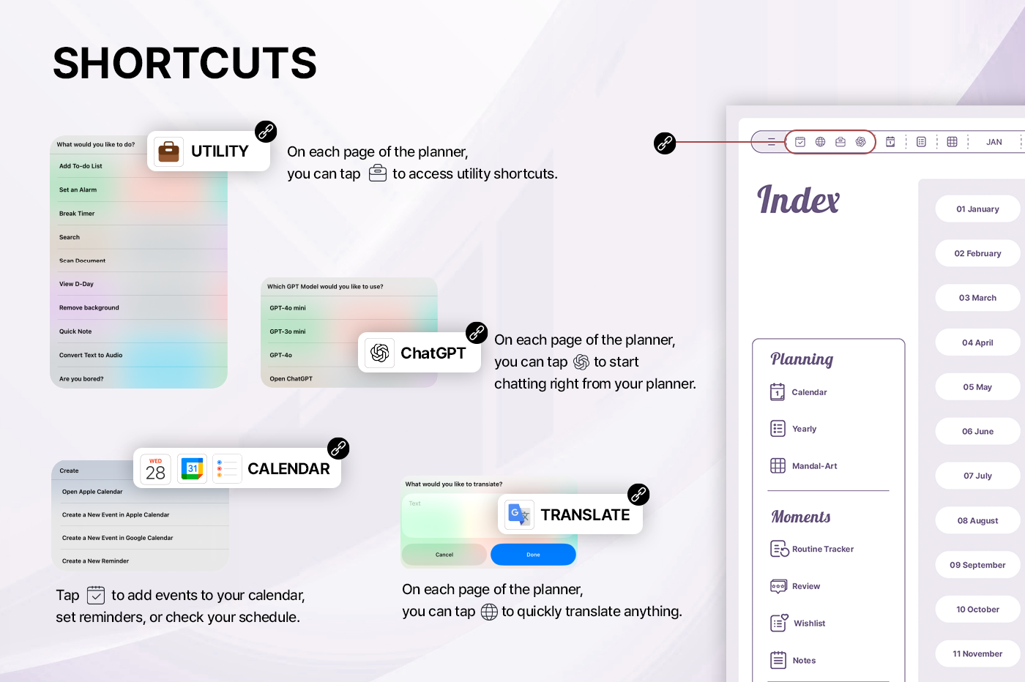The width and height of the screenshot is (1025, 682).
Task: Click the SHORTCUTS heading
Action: coord(184,63)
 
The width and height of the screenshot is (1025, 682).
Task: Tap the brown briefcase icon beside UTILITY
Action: coord(168,151)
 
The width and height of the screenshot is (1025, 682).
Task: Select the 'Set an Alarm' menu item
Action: coord(78,190)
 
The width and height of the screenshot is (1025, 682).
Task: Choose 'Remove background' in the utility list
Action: coord(89,308)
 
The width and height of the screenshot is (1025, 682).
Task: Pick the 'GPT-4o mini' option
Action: coord(287,308)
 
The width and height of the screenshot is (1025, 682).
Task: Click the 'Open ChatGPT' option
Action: coord(291,379)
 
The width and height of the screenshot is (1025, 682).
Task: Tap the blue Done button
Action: coord(533,555)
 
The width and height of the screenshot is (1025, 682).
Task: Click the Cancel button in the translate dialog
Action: coord(444,555)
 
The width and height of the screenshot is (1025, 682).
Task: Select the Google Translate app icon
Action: coord(519,514)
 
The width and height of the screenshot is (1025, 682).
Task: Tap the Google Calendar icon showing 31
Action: coord(192,469)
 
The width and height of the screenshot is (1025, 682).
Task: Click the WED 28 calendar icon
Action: coord(155,469)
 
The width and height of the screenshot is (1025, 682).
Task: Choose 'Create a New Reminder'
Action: coord(95,561)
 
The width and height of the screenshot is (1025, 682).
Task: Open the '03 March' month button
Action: coord(977,298)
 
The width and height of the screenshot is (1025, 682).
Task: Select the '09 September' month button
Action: coord(977,565)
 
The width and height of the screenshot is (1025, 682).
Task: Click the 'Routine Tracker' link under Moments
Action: coord(823,549)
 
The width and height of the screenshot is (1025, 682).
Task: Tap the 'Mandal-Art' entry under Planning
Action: coord(814,466)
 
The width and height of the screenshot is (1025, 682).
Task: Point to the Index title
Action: coord(799,200)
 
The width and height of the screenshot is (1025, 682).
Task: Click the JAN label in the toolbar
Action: coord(994,142)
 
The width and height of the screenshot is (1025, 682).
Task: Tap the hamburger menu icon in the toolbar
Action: coord(772,142)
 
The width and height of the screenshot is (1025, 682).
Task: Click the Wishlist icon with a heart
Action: coord(779,623)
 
